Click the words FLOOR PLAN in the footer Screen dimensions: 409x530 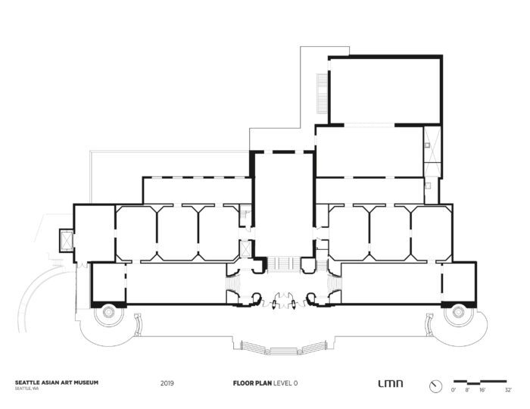(251, 384)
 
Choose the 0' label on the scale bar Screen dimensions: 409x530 (454, 392)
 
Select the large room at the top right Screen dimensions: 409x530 (385, 89)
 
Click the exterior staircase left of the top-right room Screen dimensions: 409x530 (323, 91)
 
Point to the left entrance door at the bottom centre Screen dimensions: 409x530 (261, 302)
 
